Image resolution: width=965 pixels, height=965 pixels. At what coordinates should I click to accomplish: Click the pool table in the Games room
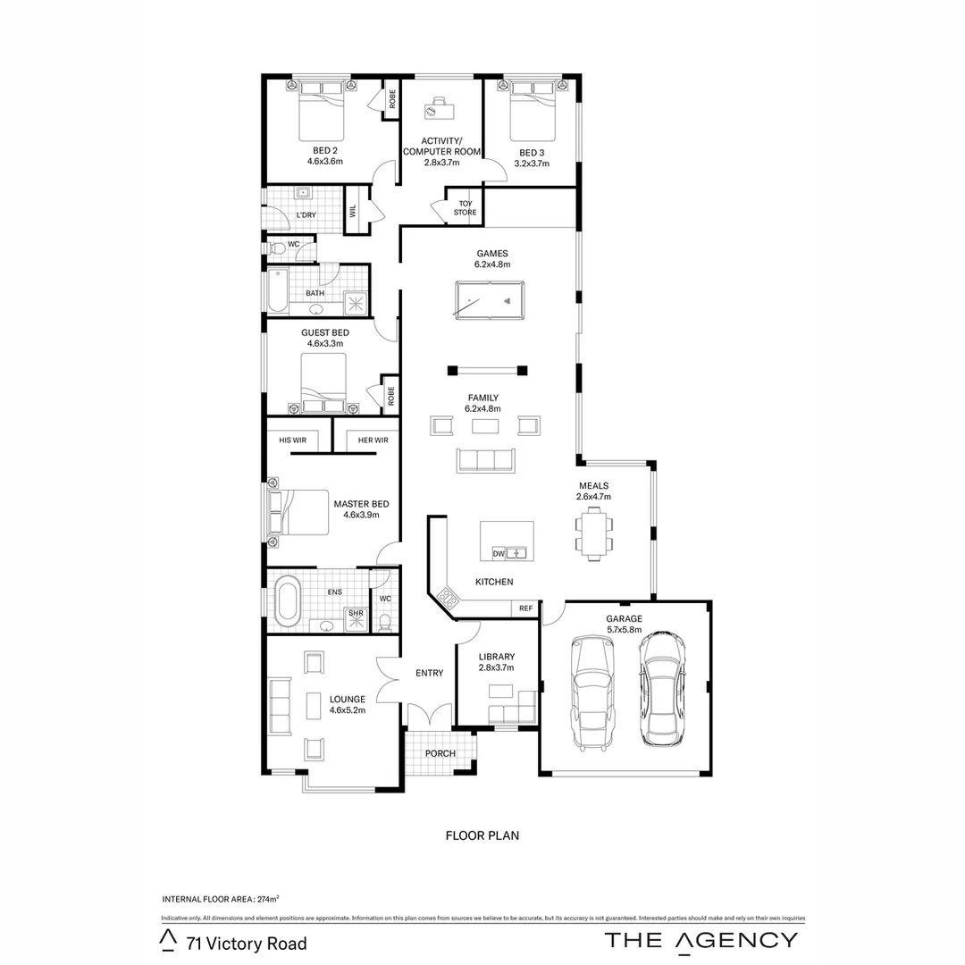click(490, 298)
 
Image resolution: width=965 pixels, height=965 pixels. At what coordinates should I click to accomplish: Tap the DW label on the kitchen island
click(499, 554)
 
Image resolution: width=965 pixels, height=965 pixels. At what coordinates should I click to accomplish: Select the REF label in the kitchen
click(525, 608)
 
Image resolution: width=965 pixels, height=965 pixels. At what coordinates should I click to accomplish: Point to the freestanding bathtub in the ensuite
click(287, 600)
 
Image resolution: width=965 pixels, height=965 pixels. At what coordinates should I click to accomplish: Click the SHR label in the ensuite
click(355, 614)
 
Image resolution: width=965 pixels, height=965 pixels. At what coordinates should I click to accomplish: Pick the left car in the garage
click(592, 691)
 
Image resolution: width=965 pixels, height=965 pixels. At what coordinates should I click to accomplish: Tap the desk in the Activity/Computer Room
click(439, 110)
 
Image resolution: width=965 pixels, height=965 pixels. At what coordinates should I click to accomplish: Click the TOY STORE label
click(465, 208)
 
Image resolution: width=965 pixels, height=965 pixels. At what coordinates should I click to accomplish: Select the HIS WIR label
click(293, 441)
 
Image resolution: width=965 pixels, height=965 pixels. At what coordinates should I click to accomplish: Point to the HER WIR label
click(373, 441)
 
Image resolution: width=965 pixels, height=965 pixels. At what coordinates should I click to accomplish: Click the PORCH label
click(440, 753)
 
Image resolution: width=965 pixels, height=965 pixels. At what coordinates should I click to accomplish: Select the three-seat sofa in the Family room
click(486, 460)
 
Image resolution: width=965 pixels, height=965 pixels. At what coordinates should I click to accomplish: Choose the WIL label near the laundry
click(352, 211)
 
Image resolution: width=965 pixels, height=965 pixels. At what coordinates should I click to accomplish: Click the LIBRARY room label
click(496, 657)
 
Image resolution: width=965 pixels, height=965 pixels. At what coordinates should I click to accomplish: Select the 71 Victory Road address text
click(247, 944)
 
